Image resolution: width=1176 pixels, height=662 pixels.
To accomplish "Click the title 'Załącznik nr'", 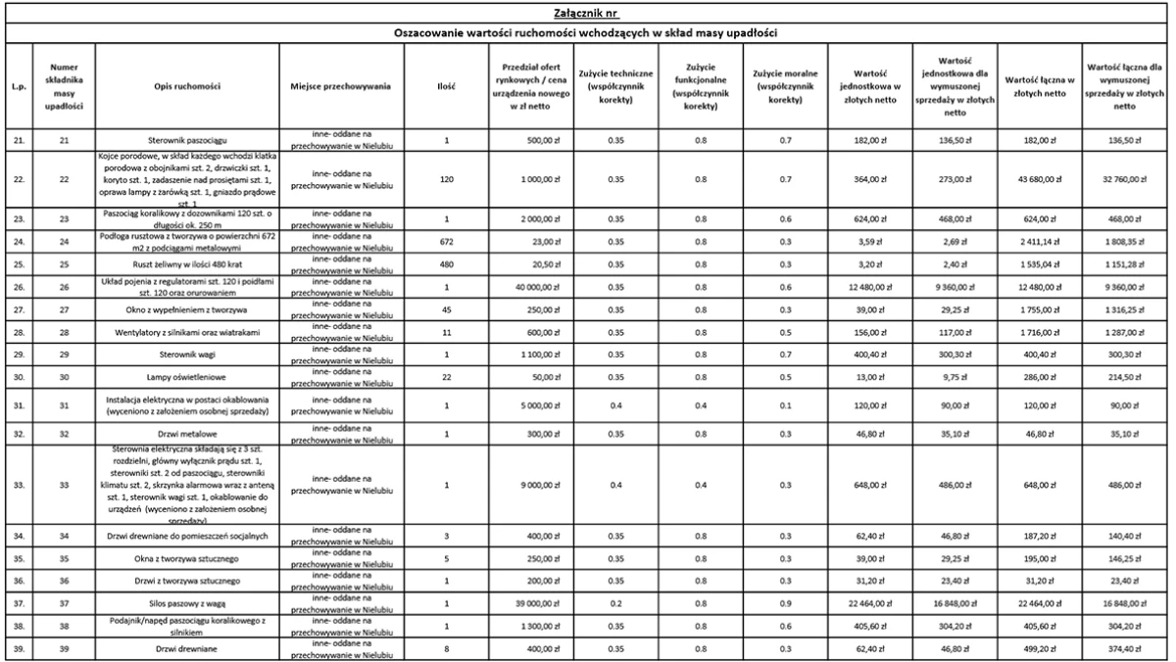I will tap(588, 12).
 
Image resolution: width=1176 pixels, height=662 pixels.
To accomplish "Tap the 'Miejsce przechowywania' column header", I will tap(341, 85).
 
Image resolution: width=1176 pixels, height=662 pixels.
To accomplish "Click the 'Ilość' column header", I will tap(446, 85).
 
